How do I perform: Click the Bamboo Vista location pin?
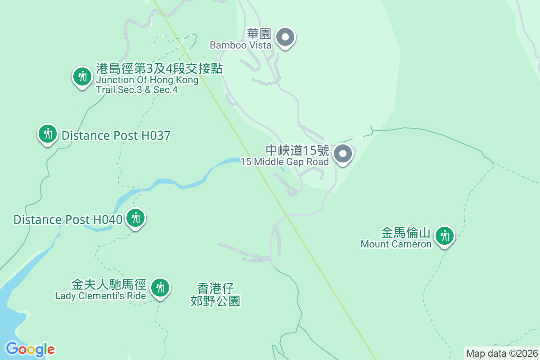(x=285, y=37)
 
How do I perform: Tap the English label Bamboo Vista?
(x=241, y=45)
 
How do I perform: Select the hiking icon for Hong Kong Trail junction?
(x=82, y=76)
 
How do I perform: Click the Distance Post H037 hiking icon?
(x=47, y=133)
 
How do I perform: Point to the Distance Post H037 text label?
(x=116, y=135)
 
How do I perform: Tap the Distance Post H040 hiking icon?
(x=135, y=218)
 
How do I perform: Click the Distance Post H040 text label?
(x=68, y=220)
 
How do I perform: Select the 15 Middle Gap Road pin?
(x=343, y=154)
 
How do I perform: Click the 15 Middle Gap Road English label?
(x=285, y=162)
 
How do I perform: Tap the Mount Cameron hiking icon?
(x=445, y=235)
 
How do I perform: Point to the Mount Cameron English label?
(x=396, y=244)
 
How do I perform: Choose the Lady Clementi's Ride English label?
(x=100, y=296)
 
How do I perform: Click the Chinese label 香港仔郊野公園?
(x=216, y=295)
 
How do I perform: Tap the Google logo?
(x=30, y=349)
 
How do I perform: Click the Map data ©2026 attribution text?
(x=502, y=353)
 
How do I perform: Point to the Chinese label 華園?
(x=258, y=34)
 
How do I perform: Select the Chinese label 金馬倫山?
(x=406, y=233)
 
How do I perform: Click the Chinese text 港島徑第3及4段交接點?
(x=160, y=68)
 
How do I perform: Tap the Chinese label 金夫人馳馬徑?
(x=109, y=285)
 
